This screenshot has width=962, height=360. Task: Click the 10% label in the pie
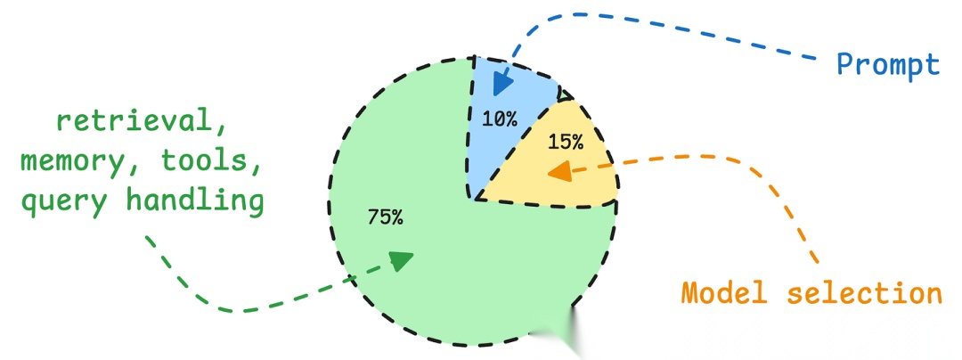pos(500,119)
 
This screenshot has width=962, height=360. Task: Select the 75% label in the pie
pos(384,217)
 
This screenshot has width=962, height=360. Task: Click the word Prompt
pos(887,64)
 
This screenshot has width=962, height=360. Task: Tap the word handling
pos(195,201)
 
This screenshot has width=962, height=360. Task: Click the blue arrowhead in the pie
pos(502,82)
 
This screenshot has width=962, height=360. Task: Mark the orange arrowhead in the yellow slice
pos(560,171)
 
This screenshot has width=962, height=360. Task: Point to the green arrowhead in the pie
pos(402,259)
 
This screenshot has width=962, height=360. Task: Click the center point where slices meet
pos(474,199)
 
